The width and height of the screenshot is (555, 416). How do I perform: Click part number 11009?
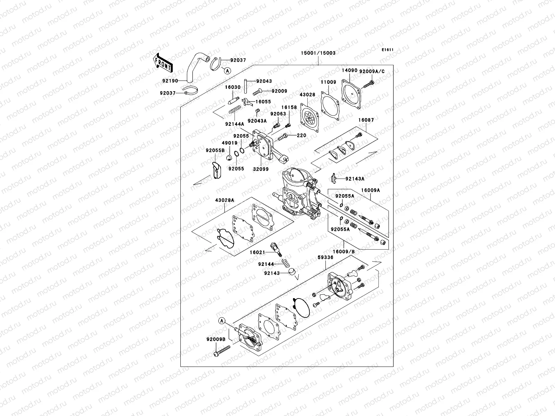328,83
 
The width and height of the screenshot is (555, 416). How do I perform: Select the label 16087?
366,120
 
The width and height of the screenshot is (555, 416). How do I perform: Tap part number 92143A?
355,179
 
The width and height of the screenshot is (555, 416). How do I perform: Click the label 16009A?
370,190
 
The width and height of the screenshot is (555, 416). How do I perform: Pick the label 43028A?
224,200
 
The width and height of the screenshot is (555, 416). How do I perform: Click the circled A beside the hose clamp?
227,71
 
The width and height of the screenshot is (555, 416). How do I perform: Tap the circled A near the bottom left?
222,321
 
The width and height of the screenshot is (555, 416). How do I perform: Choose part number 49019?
230,143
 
